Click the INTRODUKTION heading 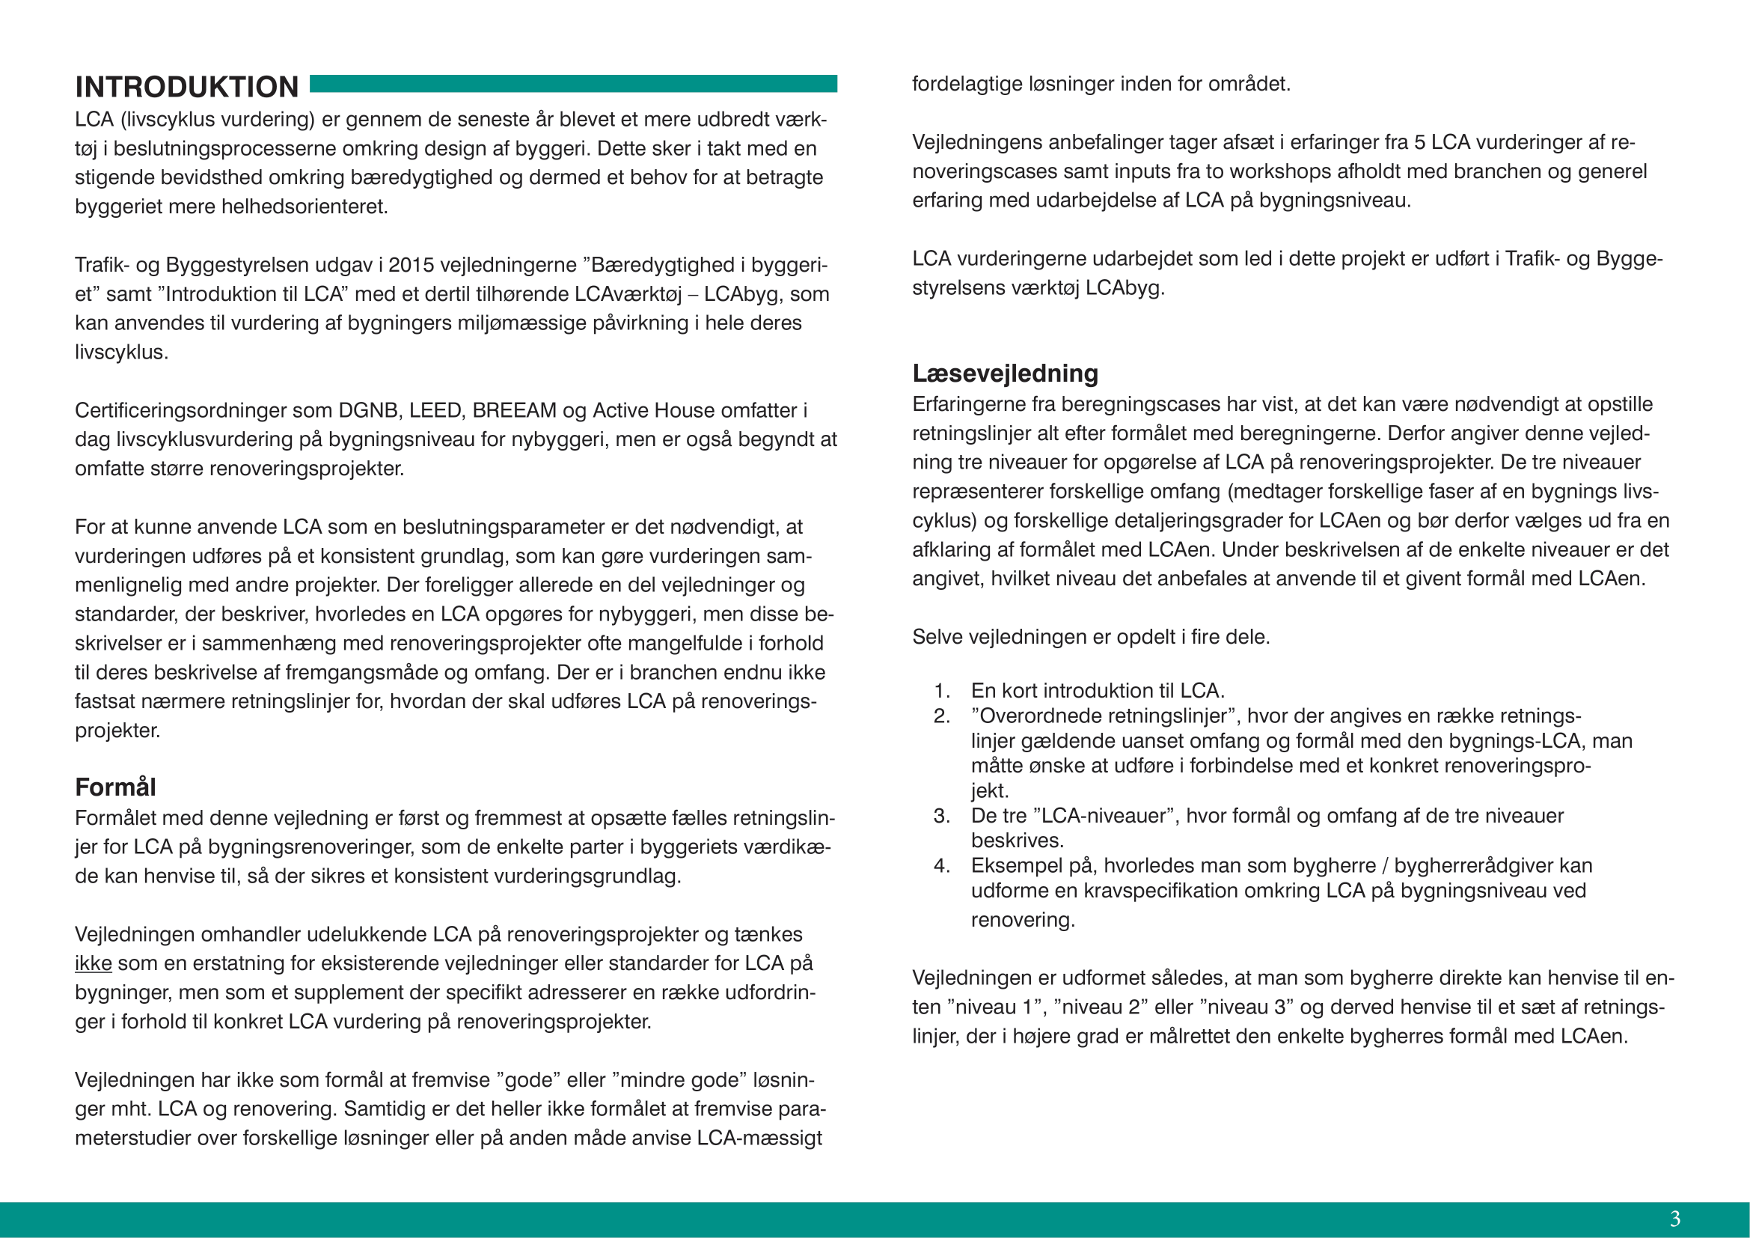(187, 87)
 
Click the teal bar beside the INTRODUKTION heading (573, 84)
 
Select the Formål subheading (115, 787)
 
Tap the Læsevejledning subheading (1005, 373)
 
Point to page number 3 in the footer (1675, 1219)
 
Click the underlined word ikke (93, 963)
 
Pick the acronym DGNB (367, 410)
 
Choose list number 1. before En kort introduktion (942, 691)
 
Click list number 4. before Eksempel (942, 866)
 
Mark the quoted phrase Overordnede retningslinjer (1102, 716)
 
